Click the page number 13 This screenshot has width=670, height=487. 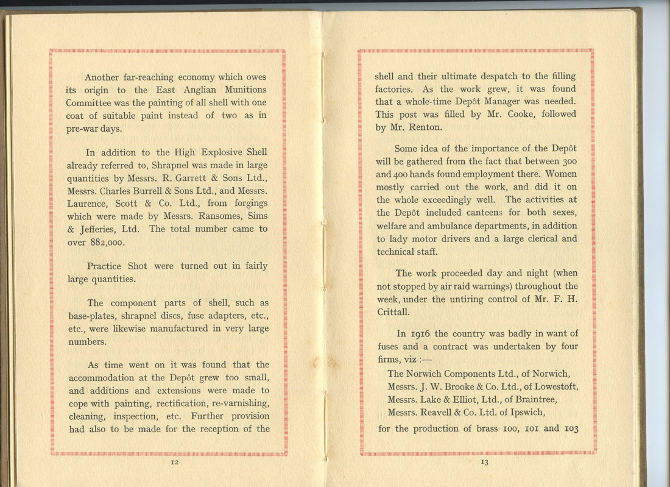tap(485, 462)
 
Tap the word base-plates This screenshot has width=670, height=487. tap(90, 316)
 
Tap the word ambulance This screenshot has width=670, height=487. tap(437, 226)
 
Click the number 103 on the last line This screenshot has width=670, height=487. tap(569, 428)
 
